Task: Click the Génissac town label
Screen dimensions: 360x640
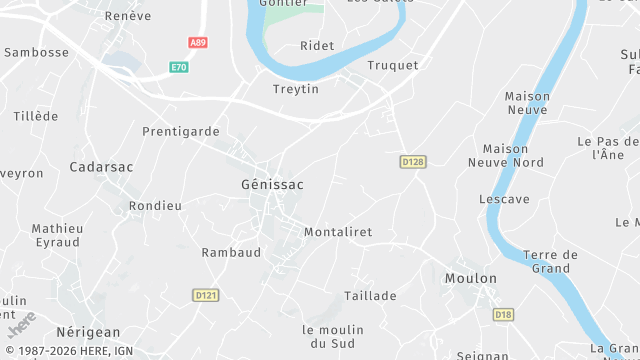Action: [x=272, y=185]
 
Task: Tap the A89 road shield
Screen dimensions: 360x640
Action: [x=198, y=43]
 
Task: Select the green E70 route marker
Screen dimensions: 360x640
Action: [x=178, y=67]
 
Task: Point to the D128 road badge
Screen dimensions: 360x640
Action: [x=413, y=161]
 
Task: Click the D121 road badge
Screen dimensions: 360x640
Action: [x=206, y=295]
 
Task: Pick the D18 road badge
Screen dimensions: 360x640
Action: [x=504, y=314]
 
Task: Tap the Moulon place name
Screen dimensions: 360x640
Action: [x=470, y=278]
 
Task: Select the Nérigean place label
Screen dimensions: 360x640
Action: [x=88, y=332]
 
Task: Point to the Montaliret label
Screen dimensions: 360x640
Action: [x=337, y=232]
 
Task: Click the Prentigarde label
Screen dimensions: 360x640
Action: [x=180, y=131]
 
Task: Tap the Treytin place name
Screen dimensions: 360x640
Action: [x=296, y=89]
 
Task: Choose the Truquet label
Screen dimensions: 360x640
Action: [x=393, y=65]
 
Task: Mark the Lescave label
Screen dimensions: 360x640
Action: [x=504, y=199]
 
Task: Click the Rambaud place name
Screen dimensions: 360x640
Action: [x=231, y=252]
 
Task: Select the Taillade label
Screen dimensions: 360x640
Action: [x=370, y=296]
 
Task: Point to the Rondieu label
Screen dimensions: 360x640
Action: [x=155, y=206]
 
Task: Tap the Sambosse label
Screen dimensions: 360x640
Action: [x=37, y=51]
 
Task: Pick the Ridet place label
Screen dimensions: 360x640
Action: [x=317, y=46]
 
